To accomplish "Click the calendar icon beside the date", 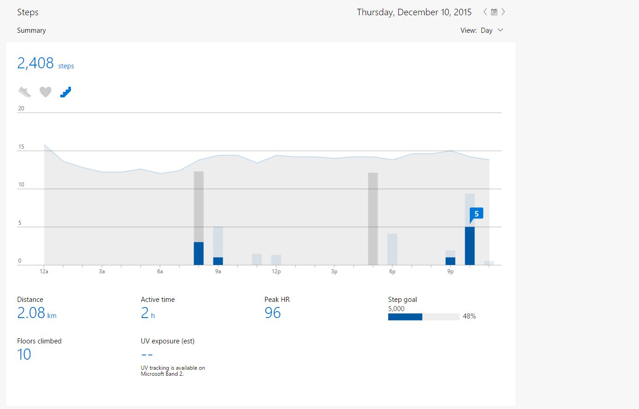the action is tap(494, 12).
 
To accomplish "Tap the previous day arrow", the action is tap(485, 12).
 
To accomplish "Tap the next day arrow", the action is tap(503, 12).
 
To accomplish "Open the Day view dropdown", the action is tap(500, 30).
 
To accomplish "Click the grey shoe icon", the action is tap(24, 92).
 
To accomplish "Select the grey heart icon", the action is tap(45, 92).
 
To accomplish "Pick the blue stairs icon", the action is tap(65, 92).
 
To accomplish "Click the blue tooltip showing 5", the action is tap(476, 214).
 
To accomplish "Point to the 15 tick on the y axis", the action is tap(21, 147).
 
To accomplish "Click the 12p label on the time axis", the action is tap(276, 271).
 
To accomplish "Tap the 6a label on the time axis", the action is tap(160, 271).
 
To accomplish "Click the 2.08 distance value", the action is tap(31, 313).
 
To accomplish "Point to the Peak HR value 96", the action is tap(272, 313).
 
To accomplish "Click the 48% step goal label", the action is tap(469, 316).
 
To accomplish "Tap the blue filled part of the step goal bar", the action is tap(405, 317).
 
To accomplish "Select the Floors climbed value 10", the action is tap(24, 354).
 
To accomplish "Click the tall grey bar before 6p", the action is tap(373, 219).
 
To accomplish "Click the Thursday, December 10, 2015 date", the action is tap(414, 12).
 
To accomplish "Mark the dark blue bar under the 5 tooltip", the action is tap(470, 246).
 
